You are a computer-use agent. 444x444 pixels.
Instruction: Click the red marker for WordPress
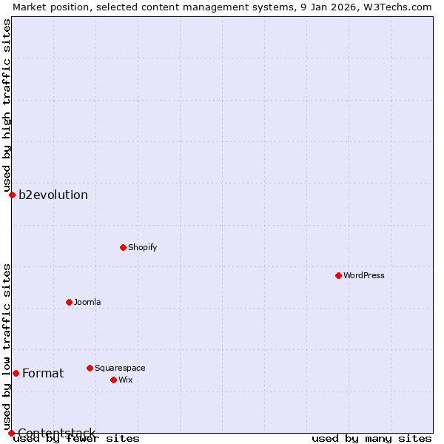click(x=338, y=275)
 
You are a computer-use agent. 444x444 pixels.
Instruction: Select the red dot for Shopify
click(x=123, y=247)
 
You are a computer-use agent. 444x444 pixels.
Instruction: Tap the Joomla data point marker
click(x=69, y=302)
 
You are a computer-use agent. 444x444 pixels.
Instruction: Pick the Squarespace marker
click(x=90, y=368)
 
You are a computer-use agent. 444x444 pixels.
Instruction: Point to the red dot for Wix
click(x=113, y=380)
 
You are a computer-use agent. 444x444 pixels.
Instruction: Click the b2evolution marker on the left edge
click(x=12, y=195)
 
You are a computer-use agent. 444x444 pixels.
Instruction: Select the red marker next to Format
click(x=16, y=373)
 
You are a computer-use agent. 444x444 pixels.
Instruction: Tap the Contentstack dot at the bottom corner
click(x=11, y=433)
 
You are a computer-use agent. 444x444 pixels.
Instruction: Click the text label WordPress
click(x=363, y=275)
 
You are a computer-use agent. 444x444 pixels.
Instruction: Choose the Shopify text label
click(x=142, y=247)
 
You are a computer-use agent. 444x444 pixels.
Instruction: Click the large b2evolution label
click(x=53, y=195)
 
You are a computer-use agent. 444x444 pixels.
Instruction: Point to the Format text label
click(x=43, y=373)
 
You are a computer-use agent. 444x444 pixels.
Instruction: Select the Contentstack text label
click(x=57, y=433)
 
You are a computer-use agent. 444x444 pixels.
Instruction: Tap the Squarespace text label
click(x=120, y=368)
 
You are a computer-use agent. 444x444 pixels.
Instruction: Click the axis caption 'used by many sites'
click(x=371, y=439)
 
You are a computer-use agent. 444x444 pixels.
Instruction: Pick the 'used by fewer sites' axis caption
click(x=76, y=439)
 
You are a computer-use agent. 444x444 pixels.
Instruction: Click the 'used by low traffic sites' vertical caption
click(x=7, y=346)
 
